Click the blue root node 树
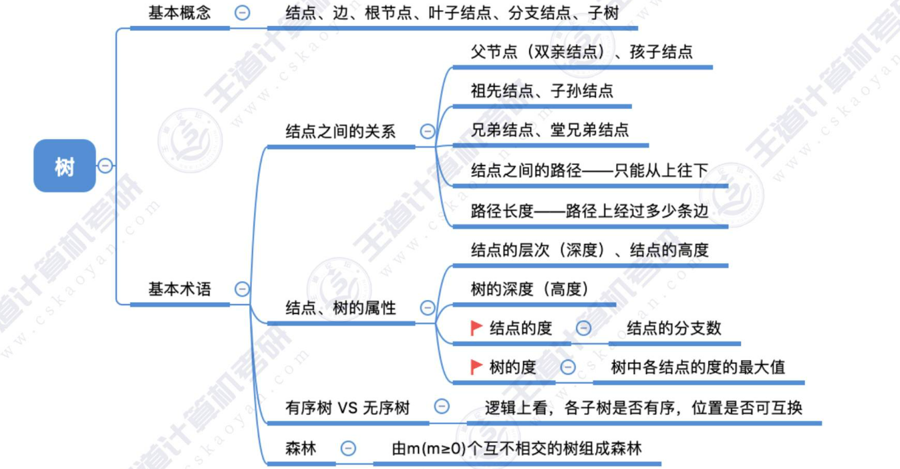coord(65,166)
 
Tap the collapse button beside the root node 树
coord(106,166)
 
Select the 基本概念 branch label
coord(179,13)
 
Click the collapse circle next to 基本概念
coord(243,13)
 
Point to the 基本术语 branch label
coord(179,289)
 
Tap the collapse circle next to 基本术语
coord(243,289)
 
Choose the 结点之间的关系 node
coord(340,132)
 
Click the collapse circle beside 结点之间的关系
coord(428,132)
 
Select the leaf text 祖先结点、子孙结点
coord(542,92)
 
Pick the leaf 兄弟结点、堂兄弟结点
coord(549,130)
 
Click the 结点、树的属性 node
coord(340,308)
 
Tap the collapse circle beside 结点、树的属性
coord(428,308)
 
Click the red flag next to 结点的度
coord(476,328)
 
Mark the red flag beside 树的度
coord(476,367)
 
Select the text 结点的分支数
coord(673,328)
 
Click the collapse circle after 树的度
coord(568,367)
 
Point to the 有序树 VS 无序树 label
coord(347,408)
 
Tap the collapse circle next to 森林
coord(348,448)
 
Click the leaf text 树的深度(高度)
coord(529,289)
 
